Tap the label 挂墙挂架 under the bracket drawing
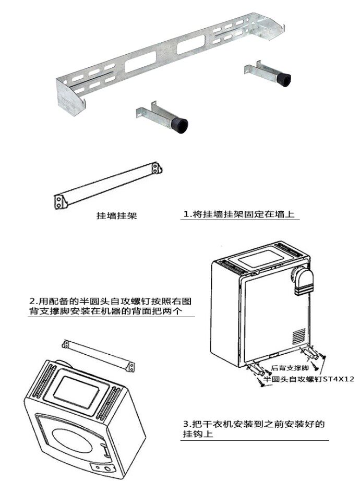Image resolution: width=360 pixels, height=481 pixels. [117, 215]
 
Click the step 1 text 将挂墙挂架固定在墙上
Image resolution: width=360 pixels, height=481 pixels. [242, 214]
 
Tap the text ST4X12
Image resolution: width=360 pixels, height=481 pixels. [338, 380]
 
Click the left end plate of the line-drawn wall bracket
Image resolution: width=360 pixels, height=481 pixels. [62, 200]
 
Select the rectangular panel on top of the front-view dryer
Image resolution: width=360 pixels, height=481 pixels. [78, 389]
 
